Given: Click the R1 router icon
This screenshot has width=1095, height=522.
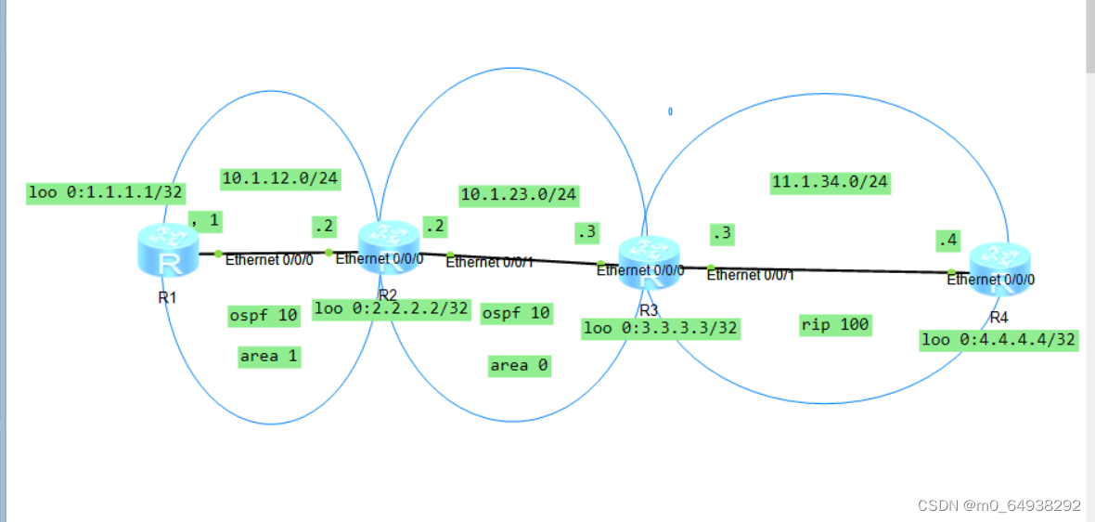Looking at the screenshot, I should pyautogui.click(x=169, y=250).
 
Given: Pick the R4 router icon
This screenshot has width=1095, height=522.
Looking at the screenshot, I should pyautogui.click(x=998, y=268).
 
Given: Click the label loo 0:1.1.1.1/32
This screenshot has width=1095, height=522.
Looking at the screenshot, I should pyautogui.click(x=106, y=193).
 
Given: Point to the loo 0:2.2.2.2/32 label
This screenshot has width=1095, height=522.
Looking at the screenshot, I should pyautogui.click(x=392, y=308).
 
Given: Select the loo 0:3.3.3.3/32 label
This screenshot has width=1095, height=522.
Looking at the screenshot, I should pyautogui.click(x=661, y=328).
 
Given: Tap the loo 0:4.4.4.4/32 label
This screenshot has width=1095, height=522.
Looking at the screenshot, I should pyautogui.click(x=998, y=340).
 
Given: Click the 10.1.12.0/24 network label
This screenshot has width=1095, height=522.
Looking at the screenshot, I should pyautogui.click(x=279, y=178).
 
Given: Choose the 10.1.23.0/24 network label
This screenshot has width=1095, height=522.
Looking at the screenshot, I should pyautogui.click(x=519, y=195).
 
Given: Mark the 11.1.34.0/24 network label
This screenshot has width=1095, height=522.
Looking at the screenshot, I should pyautogui.click(x=831, y=182).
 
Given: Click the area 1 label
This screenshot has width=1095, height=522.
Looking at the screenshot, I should pyautogui.click(x=269, y=356).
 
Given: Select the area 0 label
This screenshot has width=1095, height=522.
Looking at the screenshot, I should pyautogui.click(x=520, y=366).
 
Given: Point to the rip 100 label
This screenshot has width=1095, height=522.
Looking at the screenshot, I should pyautogui.click(x=834, y=324).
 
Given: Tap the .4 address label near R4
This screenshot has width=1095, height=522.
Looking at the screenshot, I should pyautogui.click(x=947, y=241).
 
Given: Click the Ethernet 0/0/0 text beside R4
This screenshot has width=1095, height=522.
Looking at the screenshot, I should pyautogui.click(x=991, y=279).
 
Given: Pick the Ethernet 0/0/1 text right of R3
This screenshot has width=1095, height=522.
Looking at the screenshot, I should pyautogui.click(x=750, y=274).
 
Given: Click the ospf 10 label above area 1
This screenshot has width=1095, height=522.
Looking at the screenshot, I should pyautogui.click(x=264, y=316).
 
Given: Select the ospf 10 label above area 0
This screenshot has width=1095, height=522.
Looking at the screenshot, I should pyautogui.click(x=516, y=313).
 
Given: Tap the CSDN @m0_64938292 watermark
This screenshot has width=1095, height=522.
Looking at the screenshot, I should pyautogui.click(x=998, y=506).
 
